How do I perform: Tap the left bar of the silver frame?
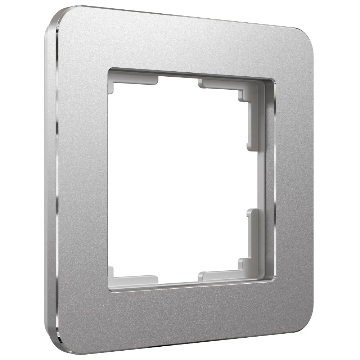pyautogui.click(x=83, y=180)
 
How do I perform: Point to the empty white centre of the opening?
pyautogui.click(x=180, y=180)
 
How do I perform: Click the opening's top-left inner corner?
pyautogui.click(x=109, y=69)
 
